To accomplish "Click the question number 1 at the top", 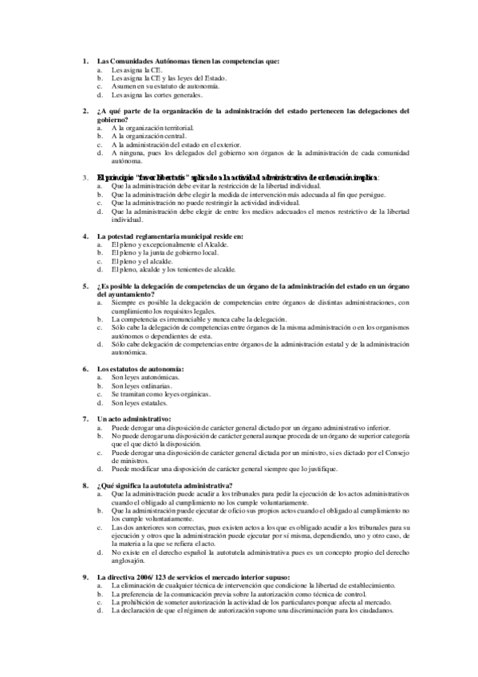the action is click(85, 61).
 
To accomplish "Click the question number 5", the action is click(85, 287).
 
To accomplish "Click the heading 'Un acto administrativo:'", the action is click(133, 418).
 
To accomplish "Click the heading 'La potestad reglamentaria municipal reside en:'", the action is click(170, 236).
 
